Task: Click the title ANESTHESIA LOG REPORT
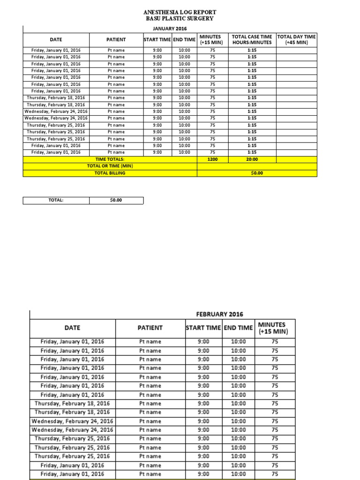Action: pos(180,12)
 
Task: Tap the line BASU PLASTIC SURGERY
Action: pos(180,18)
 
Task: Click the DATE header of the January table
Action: pos(56,40)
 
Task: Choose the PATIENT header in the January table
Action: pos(116,40)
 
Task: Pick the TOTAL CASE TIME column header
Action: pos(252,39)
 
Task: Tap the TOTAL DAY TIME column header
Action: pos(296,39)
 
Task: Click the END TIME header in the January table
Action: pos(184,40)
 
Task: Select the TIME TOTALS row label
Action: pos(110,159)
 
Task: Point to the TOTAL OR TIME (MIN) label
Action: pos(110,166)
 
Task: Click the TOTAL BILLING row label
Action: pos(110,173)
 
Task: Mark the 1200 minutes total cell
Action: pos(212,159)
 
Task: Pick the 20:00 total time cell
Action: pos(252,159)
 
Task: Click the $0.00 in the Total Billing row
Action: pos(257,173)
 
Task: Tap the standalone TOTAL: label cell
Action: pos(56,200)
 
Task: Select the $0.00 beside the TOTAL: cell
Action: pos(116,200)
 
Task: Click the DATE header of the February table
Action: pos(72,328)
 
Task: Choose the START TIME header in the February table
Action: pos(203,328)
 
